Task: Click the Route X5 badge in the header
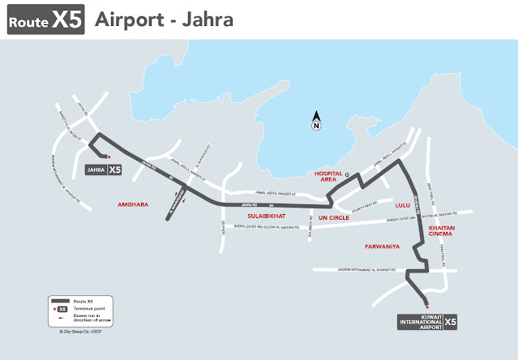[45, 20]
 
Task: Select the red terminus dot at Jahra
[109, 157]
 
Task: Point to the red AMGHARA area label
[133, 205]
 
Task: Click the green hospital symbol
[347, 175]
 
